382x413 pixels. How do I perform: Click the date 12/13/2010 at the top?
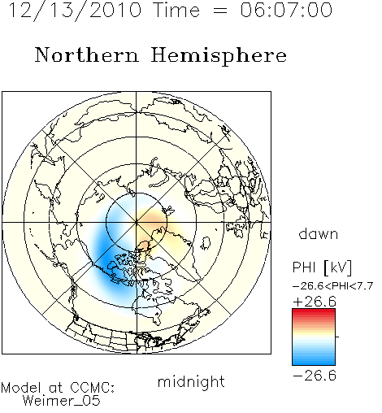(75, 11)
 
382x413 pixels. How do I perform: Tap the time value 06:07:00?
(286, 10)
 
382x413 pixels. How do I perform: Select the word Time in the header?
(176, 10)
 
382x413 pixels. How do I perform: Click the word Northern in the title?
(87, 55)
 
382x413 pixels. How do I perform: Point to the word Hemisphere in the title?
(219, 56)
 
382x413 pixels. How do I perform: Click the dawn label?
(319, 234)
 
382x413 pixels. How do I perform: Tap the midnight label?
(191, 382)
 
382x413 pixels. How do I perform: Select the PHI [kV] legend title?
(323, 267)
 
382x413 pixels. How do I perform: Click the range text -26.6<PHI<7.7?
(333, 286)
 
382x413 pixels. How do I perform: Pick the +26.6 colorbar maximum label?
(315, 302)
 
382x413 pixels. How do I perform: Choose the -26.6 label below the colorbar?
(315, 376)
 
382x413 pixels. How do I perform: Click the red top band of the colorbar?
(314, 312)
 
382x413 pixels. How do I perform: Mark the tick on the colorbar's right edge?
(337, 337)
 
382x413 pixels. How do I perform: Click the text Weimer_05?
(62, 400)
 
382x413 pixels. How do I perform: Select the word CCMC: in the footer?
(93, 388)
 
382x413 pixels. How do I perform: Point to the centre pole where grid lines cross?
(137, 222)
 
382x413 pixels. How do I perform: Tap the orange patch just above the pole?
(152, 217)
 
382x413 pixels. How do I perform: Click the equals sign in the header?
(220, 11)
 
